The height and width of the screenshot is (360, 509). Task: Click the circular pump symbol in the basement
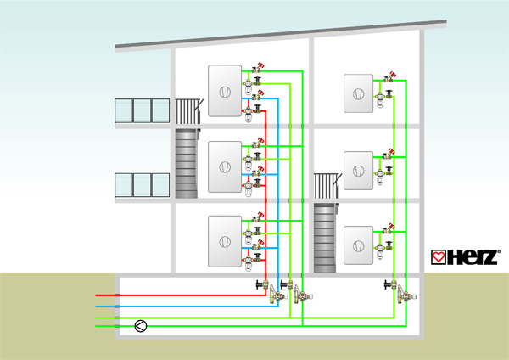click(141, 326)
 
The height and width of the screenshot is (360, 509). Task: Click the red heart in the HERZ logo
click(439, 257)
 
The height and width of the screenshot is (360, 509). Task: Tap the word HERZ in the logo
click(472, 257)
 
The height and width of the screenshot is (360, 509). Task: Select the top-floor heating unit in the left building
click(225, 91)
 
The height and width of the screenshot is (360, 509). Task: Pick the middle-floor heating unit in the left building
click(225, 166)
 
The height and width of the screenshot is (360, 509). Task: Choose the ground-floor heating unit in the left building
click(225, 241)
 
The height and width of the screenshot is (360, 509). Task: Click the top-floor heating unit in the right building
click(358, 93)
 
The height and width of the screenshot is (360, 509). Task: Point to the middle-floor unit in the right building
click(358, 171)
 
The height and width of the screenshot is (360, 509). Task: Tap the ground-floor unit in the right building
click(358, 245)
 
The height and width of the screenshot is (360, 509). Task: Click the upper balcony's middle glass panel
click(143, 110)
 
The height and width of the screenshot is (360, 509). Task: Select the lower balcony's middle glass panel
click(143, 185)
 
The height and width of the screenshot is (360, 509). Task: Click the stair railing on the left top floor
click(189, 111)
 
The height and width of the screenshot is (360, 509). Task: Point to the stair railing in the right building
click(327, 186)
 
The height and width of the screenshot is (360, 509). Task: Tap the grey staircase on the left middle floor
click(187, 163)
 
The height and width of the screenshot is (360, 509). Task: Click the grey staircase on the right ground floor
click(326, 238)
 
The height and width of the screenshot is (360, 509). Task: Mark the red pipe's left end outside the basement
click(96, 295)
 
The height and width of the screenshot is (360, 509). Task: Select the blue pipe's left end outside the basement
click(96, 307)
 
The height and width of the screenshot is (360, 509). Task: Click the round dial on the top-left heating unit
click(225, 93)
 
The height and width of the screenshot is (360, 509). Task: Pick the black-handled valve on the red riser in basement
click(262, 285)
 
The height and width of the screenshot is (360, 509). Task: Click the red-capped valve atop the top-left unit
click(258, 67)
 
